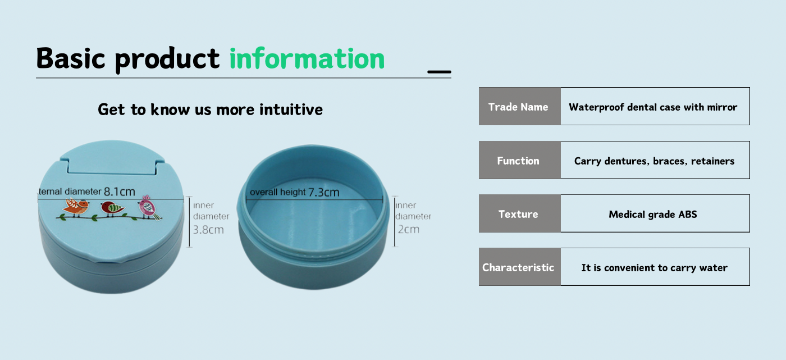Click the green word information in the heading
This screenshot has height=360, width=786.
coord(307,58)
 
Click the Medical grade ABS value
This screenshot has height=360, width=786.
coord(652,214)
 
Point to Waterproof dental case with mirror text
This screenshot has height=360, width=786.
coord(653,107)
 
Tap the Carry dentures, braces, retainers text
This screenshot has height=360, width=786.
coord(655,161)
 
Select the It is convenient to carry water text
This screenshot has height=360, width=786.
coord(655,268)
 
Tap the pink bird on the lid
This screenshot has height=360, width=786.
coord(149,207)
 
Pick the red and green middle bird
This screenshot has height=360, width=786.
coord(112,208)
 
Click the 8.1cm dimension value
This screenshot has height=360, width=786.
coord(119,192)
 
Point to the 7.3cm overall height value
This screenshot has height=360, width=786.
coord(323,192)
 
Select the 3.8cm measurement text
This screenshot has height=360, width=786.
coord(208,230)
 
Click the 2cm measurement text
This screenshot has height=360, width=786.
coord(409,229)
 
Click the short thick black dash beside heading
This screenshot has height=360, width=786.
coord(439,71)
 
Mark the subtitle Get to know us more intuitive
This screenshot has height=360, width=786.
coord(210,110)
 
